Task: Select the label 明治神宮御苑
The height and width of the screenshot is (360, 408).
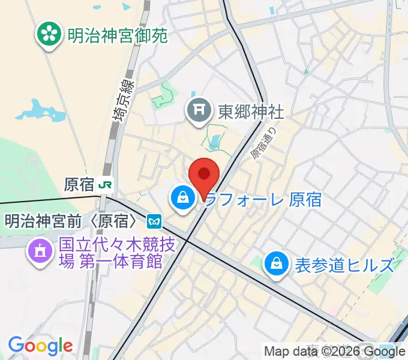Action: click(116, 35)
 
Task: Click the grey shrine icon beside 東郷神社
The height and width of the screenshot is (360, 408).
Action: click(197, 111)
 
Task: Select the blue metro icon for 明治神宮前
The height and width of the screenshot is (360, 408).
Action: click(154, 221)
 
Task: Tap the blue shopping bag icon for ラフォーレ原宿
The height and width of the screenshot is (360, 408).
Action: click(181, 197)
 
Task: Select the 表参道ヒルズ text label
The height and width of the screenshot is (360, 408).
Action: click(344, 264)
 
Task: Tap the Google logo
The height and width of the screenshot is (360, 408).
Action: click(40, 346)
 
